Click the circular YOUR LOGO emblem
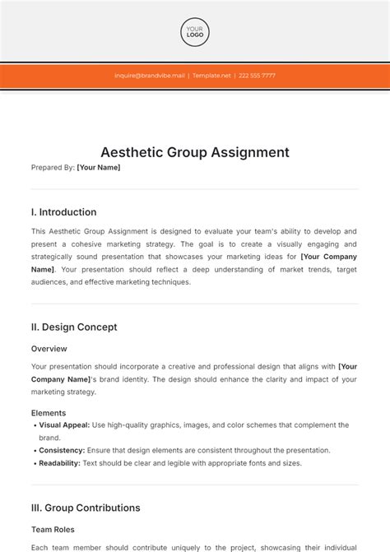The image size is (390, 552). tap(195, 32)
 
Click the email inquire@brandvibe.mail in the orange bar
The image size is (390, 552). tap(150, 76)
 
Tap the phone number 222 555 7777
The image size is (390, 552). tap(256, 76)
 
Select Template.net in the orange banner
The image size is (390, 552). tap(212, 76)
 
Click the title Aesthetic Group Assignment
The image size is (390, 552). tap(195, 152)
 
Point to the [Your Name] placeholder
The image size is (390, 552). tap(98, 168)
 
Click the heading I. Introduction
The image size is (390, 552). tap(63, 212)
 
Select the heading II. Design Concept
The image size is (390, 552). tap(74, 327)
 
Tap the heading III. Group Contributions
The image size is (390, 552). tap(86, 508)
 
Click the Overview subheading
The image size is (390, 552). tap(49, 349)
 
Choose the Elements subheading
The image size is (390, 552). tap(49, 413)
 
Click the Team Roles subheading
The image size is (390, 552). tap(54, 530)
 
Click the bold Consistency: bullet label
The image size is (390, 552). tap(62, 451)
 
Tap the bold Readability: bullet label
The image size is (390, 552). tap(60, 463)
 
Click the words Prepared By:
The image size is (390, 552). tap(53, 168)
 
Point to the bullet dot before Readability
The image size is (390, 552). tap(35, 463)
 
